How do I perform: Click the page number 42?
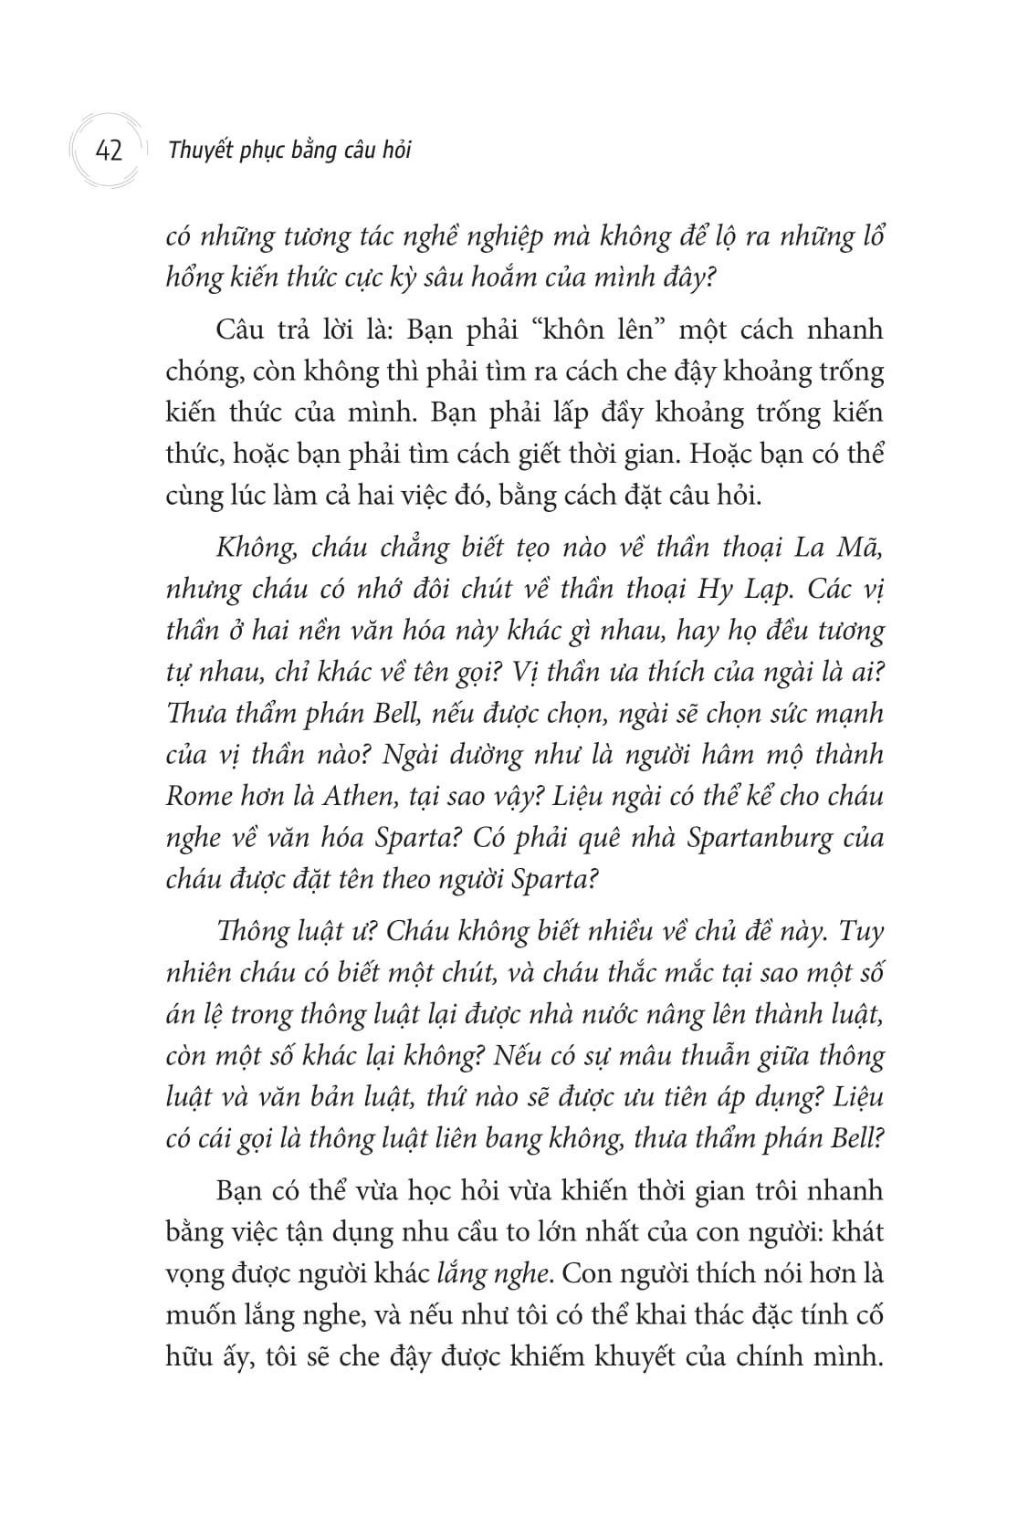pyautogui.click(x=108, y=150)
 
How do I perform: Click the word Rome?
pyautogui.click(x=194, y=796)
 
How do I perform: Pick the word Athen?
pyautogui.click(x=360, y=796)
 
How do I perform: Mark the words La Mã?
pyautogui.click(x=853, y=548)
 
